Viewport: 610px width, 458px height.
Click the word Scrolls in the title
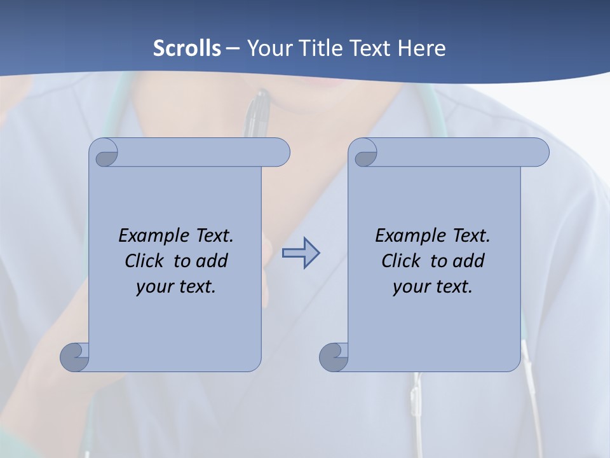[x=187, y=48]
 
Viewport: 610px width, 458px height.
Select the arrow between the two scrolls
[x=301, y=253]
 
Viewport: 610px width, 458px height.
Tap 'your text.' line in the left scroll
[x=176, y=287]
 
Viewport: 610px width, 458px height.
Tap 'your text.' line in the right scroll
[x=433, y=287]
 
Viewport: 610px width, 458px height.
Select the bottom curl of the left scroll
[x=74, y=357]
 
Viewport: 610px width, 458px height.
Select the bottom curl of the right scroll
[x=333, y=357]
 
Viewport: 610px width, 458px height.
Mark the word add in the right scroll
[x=468, y=261]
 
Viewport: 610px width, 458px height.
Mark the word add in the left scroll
[x=212, y=261]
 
